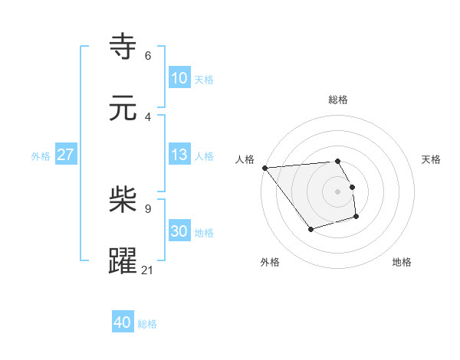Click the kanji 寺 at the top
coord(123,47)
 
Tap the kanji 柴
coord(123,200)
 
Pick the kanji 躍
coord(123,261)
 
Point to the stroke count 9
coord(148,208)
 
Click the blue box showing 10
coord(179,77)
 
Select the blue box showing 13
coord(179,155)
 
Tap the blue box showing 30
coord(179,231)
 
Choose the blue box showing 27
coord(65,155)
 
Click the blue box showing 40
coord(123,322)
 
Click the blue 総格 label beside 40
coord(147,324)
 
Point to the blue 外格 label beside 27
coord(41,156)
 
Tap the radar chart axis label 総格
coord(338,100)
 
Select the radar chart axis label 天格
coord(432,159)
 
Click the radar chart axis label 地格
coord(402,262)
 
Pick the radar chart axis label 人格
coord(245,159)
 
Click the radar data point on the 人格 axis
coord(264,168)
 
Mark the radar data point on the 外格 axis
coord(310,229)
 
